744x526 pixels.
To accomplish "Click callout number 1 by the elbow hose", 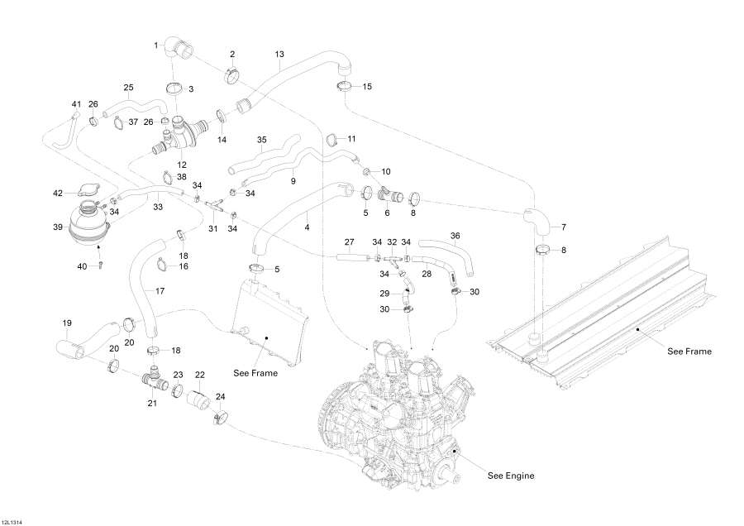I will point(156,45).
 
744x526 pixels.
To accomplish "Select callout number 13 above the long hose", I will point(279,54).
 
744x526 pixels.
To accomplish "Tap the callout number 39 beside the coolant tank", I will point(58,227).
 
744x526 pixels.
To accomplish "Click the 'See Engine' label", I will point(510,476).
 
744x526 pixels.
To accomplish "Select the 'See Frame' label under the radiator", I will point(255,373).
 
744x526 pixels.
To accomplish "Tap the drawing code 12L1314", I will point(12,521).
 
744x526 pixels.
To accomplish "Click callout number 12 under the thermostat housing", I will point(181,165).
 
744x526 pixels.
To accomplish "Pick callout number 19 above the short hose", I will point(68,323).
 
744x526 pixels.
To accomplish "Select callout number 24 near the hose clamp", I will point(221,396).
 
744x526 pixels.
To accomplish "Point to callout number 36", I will point(455,236).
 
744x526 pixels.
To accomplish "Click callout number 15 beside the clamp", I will point(367,86).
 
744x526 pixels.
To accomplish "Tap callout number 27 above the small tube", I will point(350,241).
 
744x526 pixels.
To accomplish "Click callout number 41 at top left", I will point(76,103).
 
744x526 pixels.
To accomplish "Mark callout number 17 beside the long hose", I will point(160,291).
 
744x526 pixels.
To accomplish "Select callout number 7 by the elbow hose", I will point(564,227).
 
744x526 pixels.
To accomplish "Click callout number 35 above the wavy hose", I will point(262,140).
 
